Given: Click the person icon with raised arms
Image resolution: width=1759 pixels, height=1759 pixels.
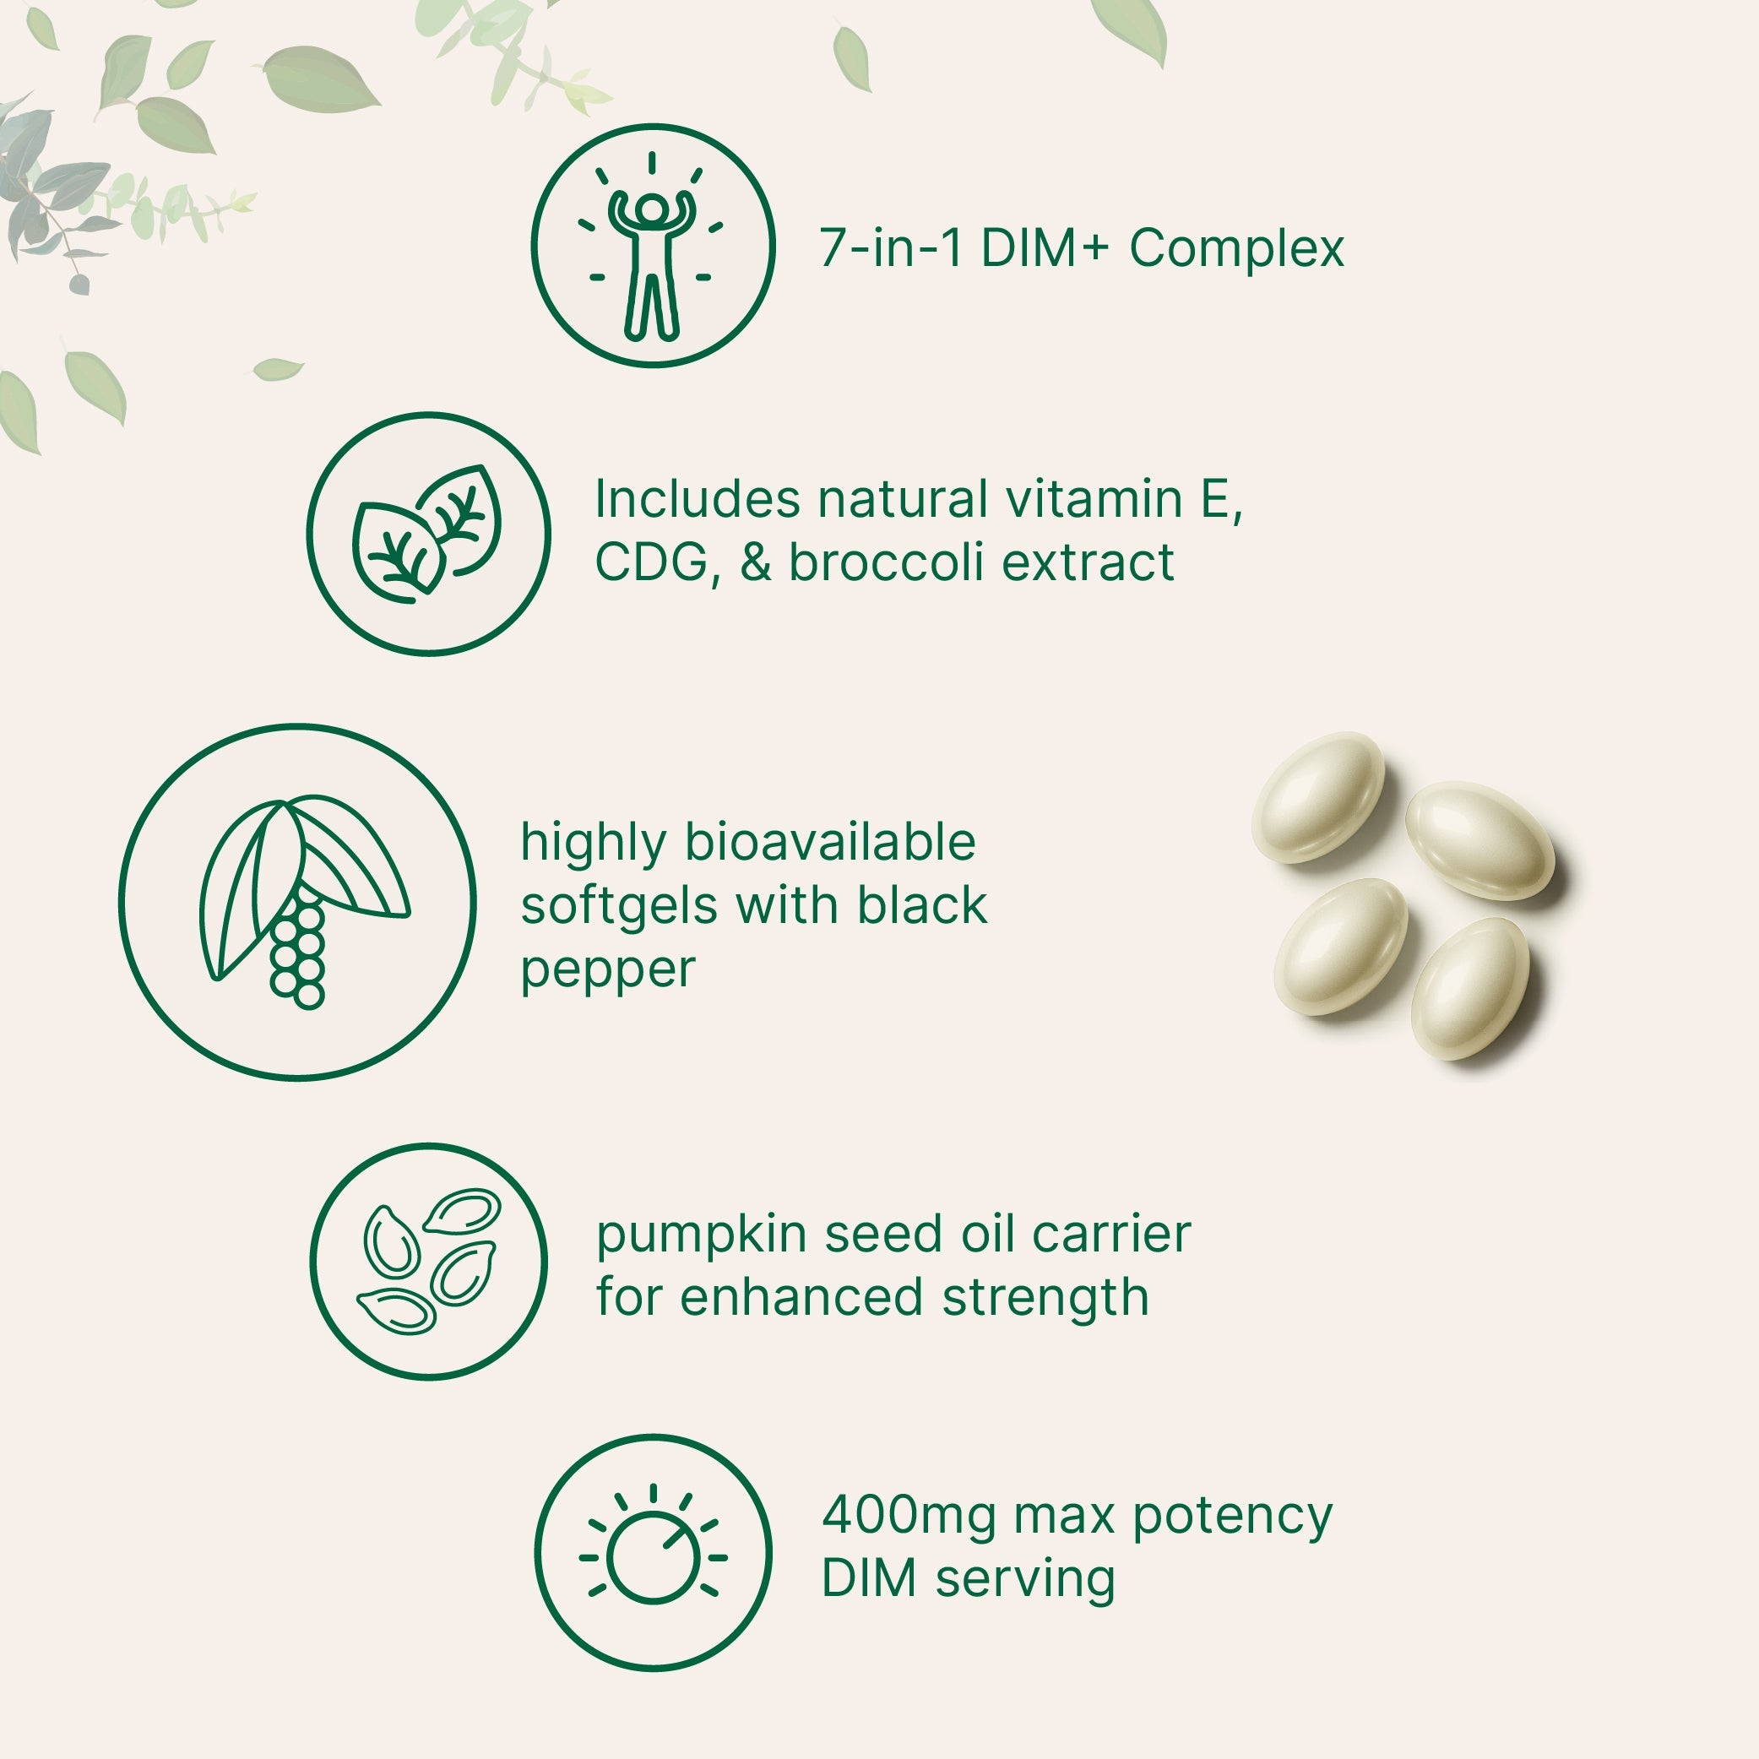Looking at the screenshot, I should point(652,246).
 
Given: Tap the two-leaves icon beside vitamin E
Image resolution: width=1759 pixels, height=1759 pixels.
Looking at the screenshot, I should point(428,534).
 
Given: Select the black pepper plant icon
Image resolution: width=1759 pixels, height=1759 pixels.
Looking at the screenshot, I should point(296,901).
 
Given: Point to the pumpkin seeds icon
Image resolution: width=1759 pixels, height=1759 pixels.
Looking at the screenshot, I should point(429,1261).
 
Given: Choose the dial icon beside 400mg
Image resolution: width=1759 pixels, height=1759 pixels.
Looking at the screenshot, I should point(653,1553).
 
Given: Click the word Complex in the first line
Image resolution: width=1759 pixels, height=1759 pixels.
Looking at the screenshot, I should point(1236,248).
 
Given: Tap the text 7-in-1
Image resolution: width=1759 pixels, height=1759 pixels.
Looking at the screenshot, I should point(890,248).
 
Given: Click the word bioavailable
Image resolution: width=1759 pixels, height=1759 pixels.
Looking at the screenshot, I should point(829,842).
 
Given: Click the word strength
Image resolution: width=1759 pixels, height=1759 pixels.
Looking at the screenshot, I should point(1045,1296).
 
